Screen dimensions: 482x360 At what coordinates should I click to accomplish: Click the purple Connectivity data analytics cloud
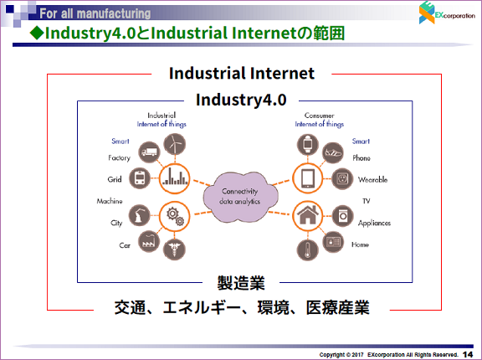point(240,197)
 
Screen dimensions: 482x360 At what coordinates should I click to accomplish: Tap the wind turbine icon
point(175,144)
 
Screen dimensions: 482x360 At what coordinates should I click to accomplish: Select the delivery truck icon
point(149,152)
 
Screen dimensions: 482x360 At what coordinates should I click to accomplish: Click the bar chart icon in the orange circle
point(175,178)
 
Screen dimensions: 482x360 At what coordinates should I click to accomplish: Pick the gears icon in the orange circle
point(175,216)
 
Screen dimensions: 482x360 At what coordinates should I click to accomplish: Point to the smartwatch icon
point(308,145)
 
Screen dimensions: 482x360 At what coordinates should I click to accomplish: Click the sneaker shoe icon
point(332,152)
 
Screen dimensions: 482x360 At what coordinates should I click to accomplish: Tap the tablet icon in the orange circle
point(307,178)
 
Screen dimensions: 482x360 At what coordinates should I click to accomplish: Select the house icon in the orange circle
point(307,216)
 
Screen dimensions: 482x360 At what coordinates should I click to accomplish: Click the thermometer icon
point(307,250)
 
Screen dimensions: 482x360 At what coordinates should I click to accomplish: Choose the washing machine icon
point(342,216)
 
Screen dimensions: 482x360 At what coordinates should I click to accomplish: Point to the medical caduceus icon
point(175,249)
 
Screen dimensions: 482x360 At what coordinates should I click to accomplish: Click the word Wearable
point(372,179)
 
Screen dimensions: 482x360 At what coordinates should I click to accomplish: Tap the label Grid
point(115,179)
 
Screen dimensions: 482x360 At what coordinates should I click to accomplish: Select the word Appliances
point(374,224)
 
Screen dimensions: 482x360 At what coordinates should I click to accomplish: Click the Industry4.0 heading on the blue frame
point(241,100)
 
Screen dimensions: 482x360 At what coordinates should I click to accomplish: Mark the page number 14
point(468,354)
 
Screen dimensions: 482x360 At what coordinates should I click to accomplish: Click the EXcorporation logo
point(447,13)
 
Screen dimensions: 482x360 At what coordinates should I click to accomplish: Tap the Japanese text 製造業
point(241,283)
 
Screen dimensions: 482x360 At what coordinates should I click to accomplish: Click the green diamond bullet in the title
point(37,33)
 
